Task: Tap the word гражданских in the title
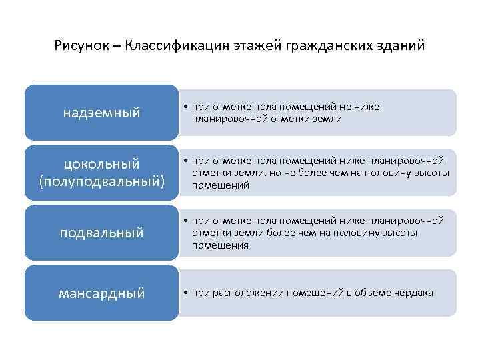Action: (329, 47)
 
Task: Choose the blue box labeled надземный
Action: (102, 113)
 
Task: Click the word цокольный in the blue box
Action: (102, 163)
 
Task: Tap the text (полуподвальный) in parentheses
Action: (102, 181)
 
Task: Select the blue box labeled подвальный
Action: (102, 233)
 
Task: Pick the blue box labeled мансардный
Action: (102, 293)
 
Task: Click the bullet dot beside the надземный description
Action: (184, 107)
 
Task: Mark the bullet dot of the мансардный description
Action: (184, 293)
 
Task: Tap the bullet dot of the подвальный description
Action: (184, 221)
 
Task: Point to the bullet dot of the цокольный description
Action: (184, 161)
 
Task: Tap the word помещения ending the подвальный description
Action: (220, 245)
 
